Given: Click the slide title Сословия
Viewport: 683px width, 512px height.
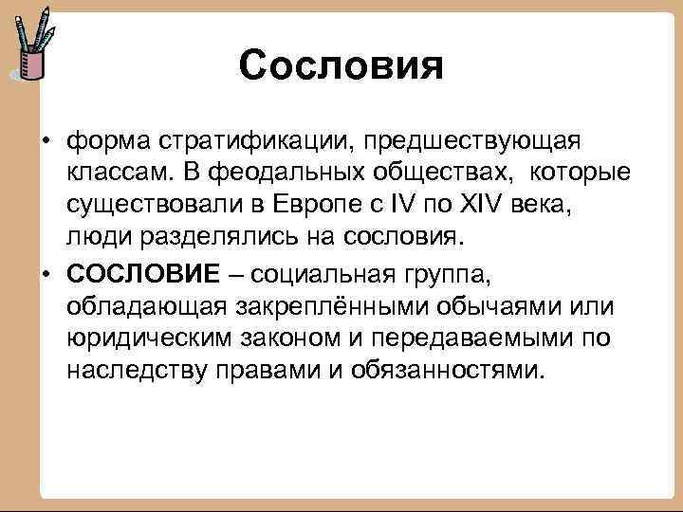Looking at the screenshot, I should [x=341, y=65].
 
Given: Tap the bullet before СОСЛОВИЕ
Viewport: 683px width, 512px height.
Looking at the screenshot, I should [x=45, y=274].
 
